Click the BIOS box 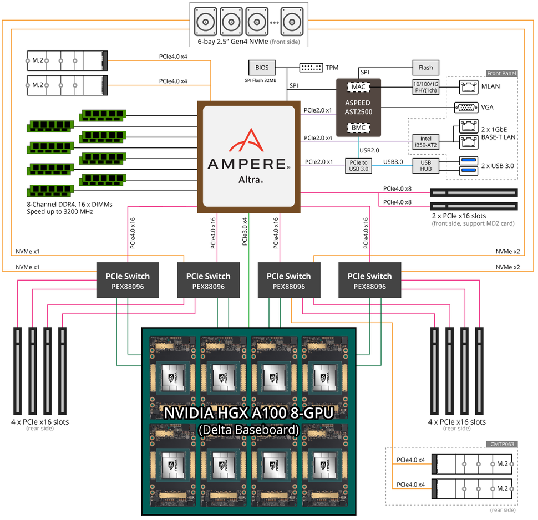click(x=262, y=68)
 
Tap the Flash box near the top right click(x=425, y=68)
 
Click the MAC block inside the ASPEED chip click(x=358, y=87)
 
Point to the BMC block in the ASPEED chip click(x=358, y=128)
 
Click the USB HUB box click(x=426, y=165)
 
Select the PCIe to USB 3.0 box click(x=358, y=165)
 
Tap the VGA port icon click(x=464, y=108)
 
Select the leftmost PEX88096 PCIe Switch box click(x=128, y=281)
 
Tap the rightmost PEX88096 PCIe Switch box click(x=369, y=281)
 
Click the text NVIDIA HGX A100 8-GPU click(x=248, y=413)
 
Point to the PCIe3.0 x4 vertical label click(x=245, y=231)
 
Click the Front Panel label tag click(x=501, y=73)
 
